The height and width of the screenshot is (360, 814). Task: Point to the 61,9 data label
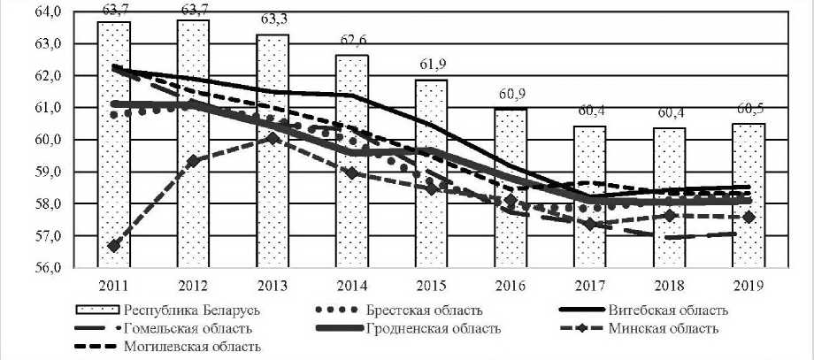433,66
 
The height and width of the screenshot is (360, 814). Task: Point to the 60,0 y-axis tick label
48,140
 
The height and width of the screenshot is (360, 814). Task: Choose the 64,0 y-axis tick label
48,11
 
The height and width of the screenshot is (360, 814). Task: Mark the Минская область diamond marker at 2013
273,138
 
